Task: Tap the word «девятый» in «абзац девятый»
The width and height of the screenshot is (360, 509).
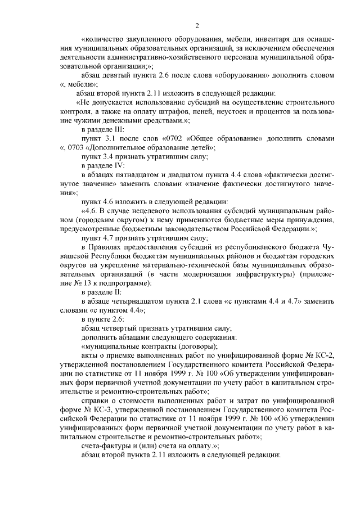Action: pos(121,75)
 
